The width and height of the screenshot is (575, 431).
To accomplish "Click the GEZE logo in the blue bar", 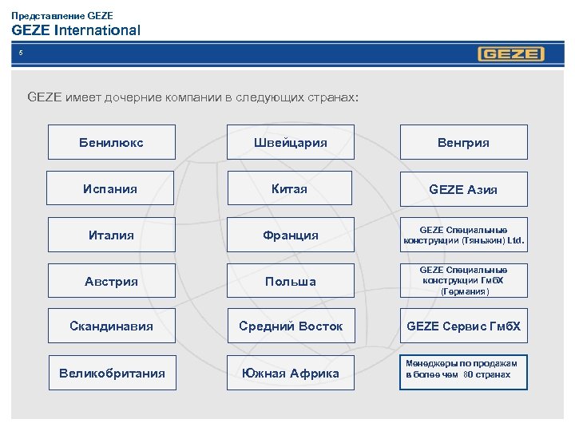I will tap(511, 54).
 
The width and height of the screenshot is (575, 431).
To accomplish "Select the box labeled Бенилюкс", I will tap(111, 143).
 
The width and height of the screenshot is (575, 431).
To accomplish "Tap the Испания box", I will tap(110, 189).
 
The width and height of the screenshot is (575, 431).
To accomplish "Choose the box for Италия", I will tap(111, 235).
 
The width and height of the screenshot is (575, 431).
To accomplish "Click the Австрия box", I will tap(111, 281).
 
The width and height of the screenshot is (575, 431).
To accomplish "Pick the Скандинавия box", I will tap(111, 326).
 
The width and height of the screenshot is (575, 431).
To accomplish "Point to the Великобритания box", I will tap(112, 373).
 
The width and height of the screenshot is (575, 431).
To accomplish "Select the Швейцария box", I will tap(290, 143).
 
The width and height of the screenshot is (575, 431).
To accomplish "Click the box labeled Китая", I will tap(289, 189).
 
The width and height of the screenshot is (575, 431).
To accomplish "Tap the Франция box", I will tap(291, 235).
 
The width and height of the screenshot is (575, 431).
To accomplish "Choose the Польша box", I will tap(291, 281).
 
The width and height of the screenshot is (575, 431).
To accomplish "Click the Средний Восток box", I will tap(291, 326).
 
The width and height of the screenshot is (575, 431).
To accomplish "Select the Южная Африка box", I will tap(291, 373).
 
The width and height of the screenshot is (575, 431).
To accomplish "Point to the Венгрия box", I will tap(463, 143).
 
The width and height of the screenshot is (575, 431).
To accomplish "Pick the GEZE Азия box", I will tap(463, 189).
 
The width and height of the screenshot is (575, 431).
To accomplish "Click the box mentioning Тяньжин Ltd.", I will tap(463, 235).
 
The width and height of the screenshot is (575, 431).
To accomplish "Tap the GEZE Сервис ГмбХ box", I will tap(463, 326).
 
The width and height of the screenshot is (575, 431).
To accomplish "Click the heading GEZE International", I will tap(76, 30).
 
